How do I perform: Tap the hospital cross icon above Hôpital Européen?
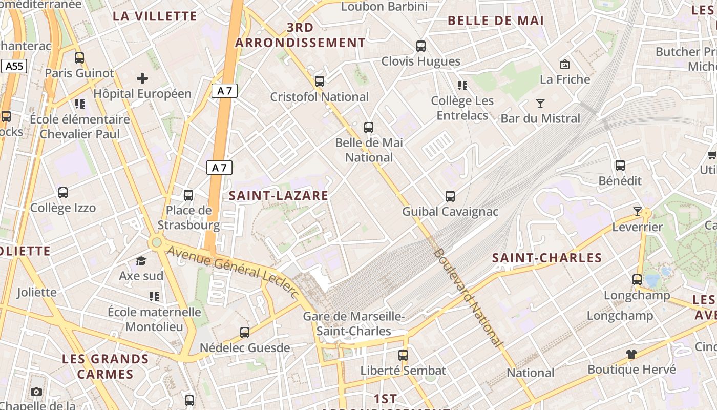click(142, 78)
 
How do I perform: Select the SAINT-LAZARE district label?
click(279, 195)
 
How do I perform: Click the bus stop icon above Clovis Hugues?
click(421, 46)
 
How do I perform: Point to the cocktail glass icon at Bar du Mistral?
click(540, 104)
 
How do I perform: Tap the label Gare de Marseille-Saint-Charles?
click(354, 324)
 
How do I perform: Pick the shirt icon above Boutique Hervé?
click(631, 354)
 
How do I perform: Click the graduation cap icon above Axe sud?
click(141, 261)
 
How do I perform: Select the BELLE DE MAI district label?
click(496, 20)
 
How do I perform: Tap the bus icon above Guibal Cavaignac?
click(450, 196)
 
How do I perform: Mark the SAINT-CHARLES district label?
click(547, 258)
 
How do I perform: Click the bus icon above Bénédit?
click(620, 166)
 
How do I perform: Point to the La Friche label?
click(565, 79)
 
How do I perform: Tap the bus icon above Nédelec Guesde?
click(245, 333)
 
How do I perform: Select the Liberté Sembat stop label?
click(403, 370)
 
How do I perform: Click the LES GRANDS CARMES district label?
click(105, 366)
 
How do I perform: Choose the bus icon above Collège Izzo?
click(63, 193)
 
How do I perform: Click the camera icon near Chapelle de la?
click(36, 392)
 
